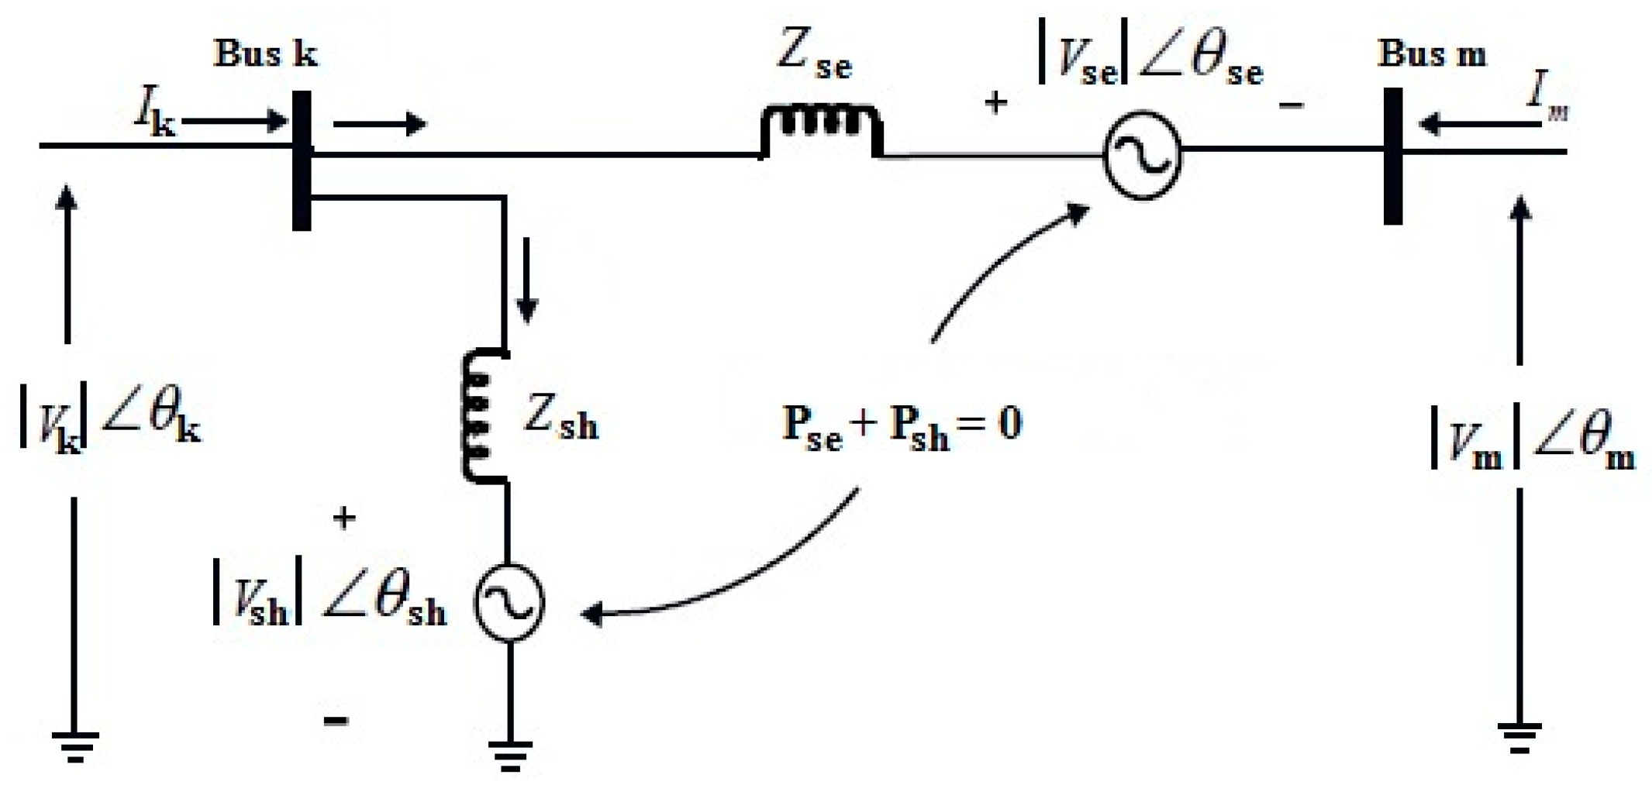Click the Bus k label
click(264, 54)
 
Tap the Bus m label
click(1431, 54)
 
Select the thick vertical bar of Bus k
click(302, 160)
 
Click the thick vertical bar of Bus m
click(1393, 156)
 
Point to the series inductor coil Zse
click(820, 128)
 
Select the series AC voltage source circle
click(1142, 155)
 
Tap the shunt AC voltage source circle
click(509, 602)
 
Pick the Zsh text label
click(560, 418)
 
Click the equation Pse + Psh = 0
click(902, 427)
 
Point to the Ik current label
click(155, 114)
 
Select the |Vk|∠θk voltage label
click(109, 423)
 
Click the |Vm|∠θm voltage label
click(1532, 442)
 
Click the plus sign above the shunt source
click(343, 517)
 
